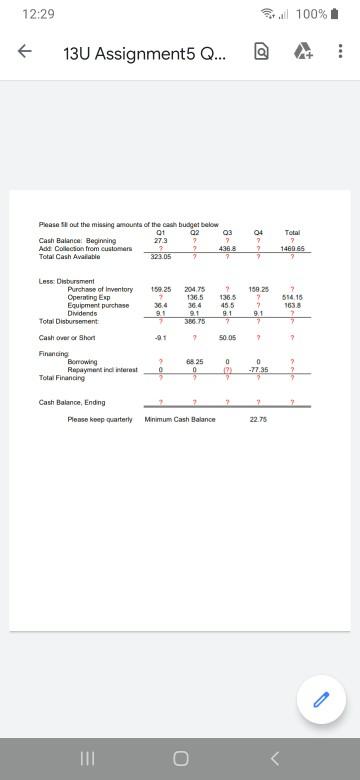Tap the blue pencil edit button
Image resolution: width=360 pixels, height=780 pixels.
coord(320,704)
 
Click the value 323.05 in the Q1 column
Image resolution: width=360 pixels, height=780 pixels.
coord(160,256)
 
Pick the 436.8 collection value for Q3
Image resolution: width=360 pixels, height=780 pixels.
coord(227,248)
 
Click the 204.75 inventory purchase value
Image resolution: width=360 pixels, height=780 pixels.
coord(194,289)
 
